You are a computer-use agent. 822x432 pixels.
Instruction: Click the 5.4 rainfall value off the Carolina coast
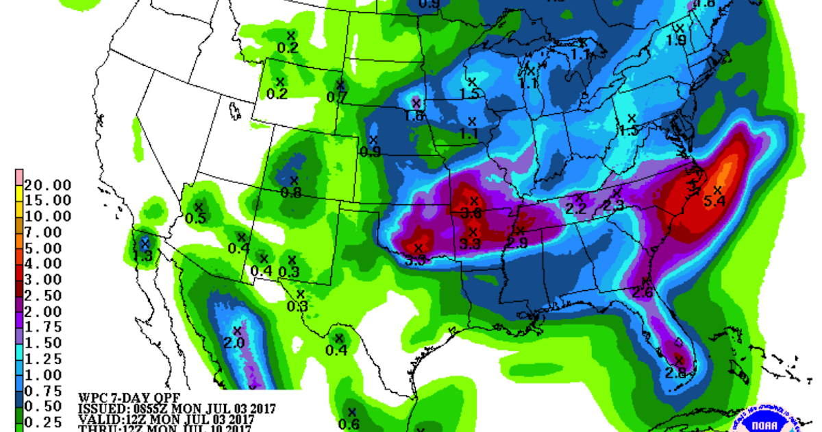(714, 202)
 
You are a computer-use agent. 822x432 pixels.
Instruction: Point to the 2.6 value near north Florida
(643, 293)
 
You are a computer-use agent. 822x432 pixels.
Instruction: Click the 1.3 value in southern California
(142, 256)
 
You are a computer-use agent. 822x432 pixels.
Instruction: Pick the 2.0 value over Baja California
(234, 343)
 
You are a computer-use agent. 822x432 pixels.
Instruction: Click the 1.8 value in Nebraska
(414, 116)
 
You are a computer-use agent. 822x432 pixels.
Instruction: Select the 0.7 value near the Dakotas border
(336, 97)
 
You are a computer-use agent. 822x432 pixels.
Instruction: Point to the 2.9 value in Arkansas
(516, 243)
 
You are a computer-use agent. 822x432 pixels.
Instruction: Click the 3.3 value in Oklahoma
(469, 243)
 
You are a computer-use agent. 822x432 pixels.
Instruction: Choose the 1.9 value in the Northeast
(677, 40)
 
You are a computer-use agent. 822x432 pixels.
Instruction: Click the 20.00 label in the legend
(48, 184)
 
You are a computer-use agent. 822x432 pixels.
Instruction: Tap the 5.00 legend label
(48, 248)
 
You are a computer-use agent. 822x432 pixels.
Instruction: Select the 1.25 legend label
(48, 358)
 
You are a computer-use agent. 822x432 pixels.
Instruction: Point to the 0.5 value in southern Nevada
(196, 218)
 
